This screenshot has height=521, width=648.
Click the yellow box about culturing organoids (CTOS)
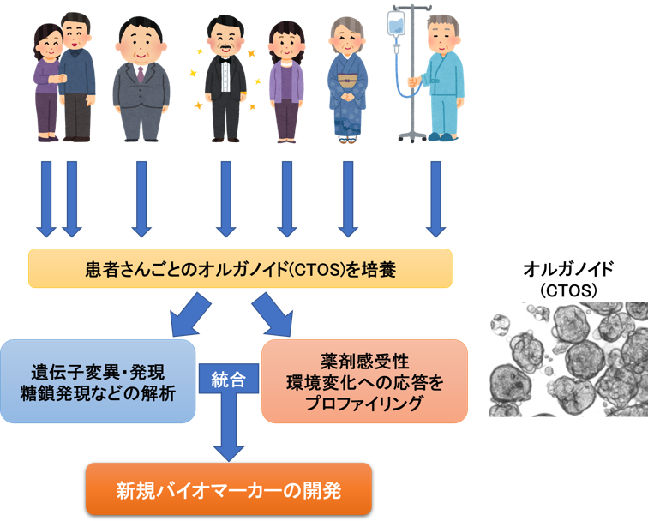coord(239,269)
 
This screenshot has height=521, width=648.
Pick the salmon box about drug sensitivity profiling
coord(364,381)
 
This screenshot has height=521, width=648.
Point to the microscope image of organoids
coord(567,359)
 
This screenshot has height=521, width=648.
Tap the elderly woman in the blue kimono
coord(347,81)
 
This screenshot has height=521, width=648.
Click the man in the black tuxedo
coord(225,77)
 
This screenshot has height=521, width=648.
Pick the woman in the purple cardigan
coord(286,81)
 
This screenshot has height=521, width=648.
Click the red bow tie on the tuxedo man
coord(225,62)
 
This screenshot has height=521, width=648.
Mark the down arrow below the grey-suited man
coord(141,199)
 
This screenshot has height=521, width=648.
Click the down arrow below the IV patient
coord(436,199)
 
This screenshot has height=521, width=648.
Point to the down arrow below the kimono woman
coord(347,199)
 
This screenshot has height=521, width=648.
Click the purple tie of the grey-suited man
coord(141,72)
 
